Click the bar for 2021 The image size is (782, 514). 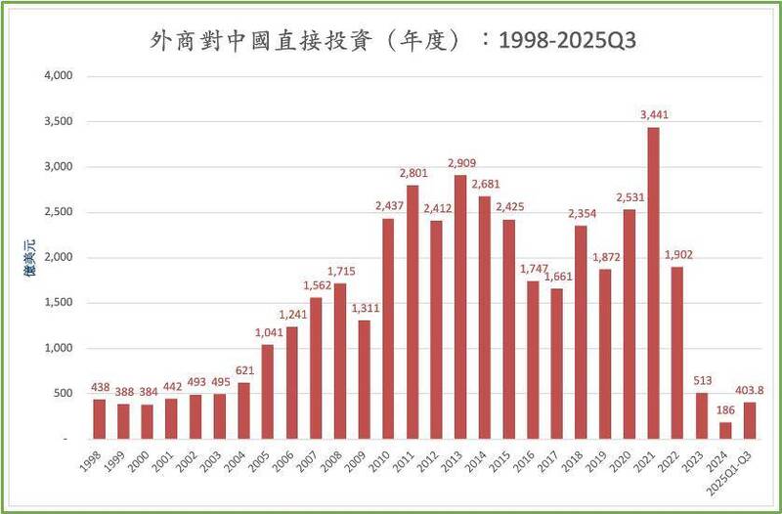point(654,283)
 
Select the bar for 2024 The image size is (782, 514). point(726,431)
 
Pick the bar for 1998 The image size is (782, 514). point(100,419)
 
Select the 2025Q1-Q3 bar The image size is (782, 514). point(750,421)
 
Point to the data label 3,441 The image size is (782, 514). point(654,115)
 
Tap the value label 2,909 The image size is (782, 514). point(461,163)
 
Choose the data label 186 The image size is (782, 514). point(726,410)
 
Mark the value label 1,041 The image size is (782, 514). point(268,333)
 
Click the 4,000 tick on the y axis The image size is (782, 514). point(59,76)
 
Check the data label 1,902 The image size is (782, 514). point(678,255)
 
